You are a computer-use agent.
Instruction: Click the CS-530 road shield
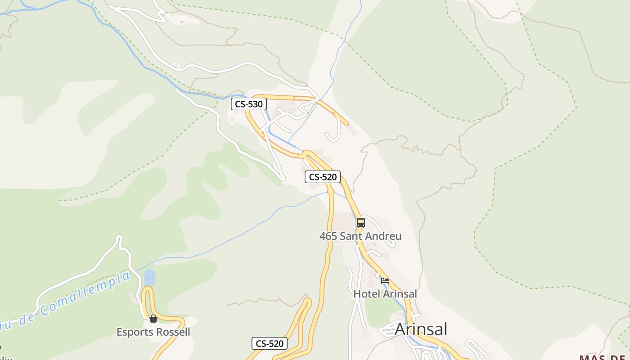[249, 104]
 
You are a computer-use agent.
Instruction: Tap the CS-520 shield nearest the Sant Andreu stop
[323, 177]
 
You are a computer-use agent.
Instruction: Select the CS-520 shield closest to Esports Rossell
[270, 344]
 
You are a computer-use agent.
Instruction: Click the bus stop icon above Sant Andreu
[360, 222]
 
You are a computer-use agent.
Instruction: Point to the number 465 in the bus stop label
[328, 236]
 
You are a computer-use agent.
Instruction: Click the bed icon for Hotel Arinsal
[385, 280]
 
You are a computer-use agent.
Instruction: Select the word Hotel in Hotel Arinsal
[366, 294]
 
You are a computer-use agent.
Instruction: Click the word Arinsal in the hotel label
[399, 294]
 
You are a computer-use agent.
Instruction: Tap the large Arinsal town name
[421, 329]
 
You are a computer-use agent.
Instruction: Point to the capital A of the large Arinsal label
[400, 329]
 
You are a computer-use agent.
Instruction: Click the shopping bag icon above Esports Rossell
[153, 319]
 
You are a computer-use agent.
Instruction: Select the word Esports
[134, 333]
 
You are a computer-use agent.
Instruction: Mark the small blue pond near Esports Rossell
[149, 277]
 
